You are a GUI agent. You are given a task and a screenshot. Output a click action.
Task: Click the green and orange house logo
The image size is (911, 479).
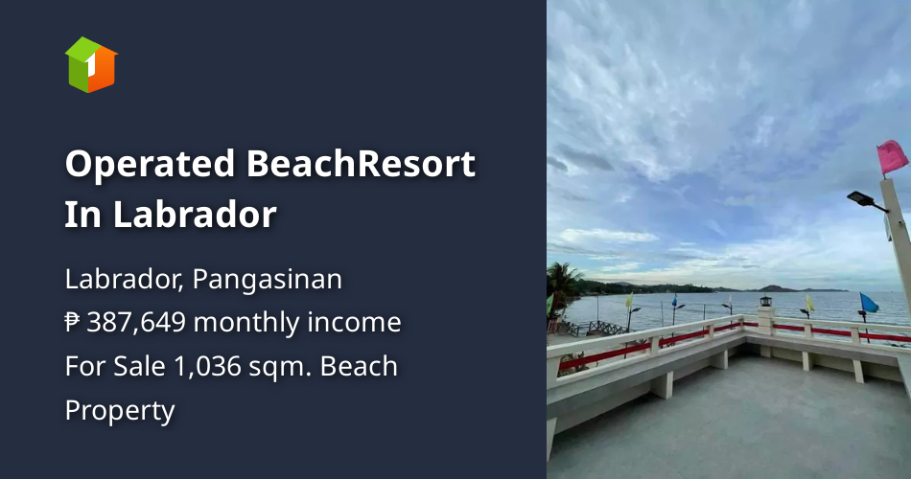(91, 64)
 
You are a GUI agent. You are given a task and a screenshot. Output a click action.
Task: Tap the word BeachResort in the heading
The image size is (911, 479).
(361, 164)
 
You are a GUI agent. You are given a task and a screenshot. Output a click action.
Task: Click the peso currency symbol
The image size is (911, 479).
(73, 323)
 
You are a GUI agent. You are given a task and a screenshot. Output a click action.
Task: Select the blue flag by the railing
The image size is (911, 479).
(869, 304)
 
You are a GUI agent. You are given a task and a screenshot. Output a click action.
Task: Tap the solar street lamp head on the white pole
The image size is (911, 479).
(865, 200)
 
